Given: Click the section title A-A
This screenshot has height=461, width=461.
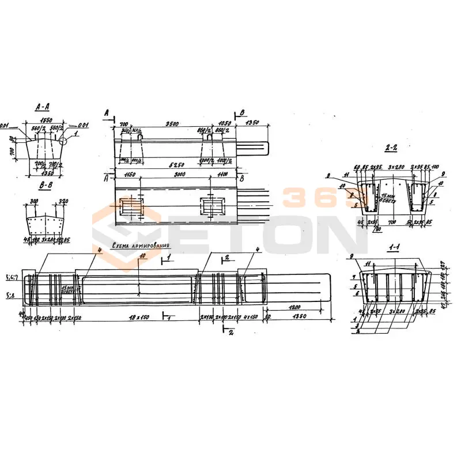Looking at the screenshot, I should (x=42, y=107).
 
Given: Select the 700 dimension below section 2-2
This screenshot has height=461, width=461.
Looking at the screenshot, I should (x=392, y=221).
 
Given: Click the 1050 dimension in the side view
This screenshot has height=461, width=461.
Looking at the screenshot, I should (x=224, y=123).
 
